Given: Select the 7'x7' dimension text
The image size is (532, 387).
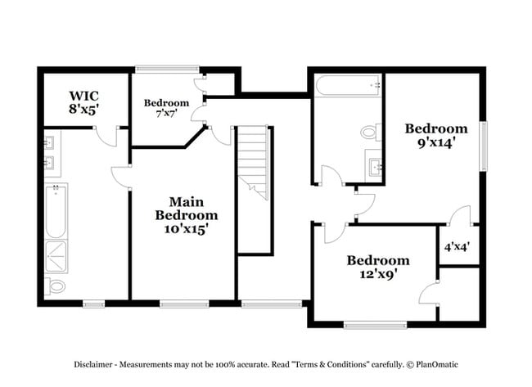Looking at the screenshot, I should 166,115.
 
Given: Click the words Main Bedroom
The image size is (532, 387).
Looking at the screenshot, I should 187,208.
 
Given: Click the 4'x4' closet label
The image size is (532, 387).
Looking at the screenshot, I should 456,245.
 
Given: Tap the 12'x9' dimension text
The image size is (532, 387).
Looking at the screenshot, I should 377,275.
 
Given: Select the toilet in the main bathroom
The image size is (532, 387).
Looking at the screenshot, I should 56,286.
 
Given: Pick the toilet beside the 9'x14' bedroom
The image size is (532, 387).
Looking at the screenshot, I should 370,132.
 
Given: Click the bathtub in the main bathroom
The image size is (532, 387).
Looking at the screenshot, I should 56,211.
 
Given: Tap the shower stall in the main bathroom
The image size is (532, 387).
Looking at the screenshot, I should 56,255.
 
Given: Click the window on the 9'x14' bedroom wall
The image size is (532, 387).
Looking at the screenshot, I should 483,146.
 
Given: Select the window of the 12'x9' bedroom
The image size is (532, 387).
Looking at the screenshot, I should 375,325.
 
